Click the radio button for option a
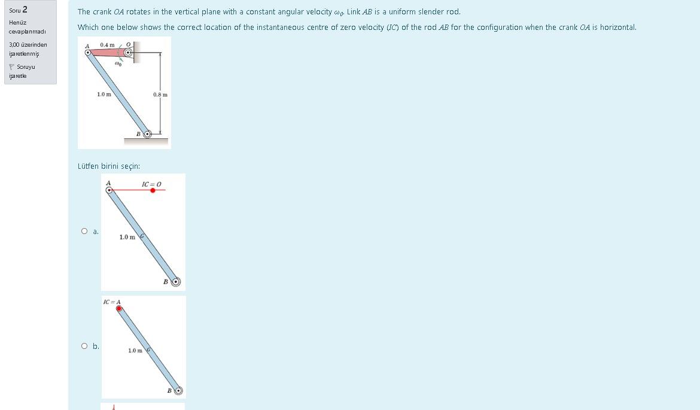pyautogui.click(x=85, y=231)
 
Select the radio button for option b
pyautogui.click(x=85, y=346)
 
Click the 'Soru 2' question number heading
pyautogui.click(x=19, y=10)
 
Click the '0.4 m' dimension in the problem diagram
pyautogui.click(x=108, y=45)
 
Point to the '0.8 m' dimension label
pyautogui.click(x=160, y=95)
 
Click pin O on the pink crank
pyautogui.click(x=128, y=53)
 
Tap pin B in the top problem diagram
pyautogui.click(x=147, y=134)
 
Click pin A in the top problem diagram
pyautogui.click(x=89, y=53)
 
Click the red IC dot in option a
pyautogui.click(x=153, y=190)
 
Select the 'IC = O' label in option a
pyautogui.click(x=151, y=183)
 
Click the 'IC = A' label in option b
pyautogui.click(x=112, y=302)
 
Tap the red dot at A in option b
pyautogui.click(x=119, y=309)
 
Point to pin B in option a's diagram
pyautogui.click(x=175, y=281)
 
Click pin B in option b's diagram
pyautogui.click(x=178, y=391)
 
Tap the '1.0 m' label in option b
pyautogui.click(x=135, y=351)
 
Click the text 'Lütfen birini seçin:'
pyautogui.click(x=109, y=166)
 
